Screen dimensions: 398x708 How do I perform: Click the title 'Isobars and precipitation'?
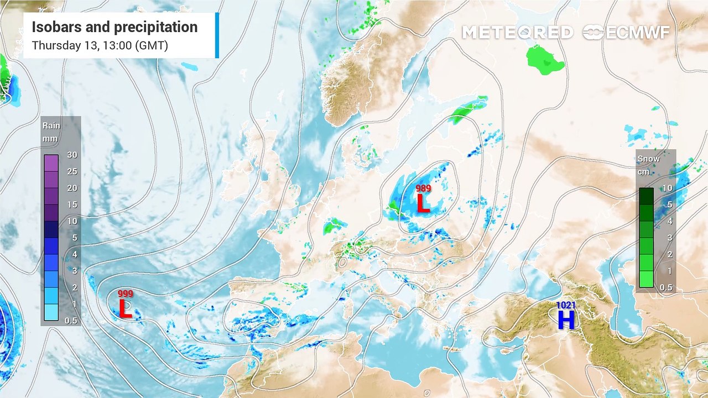click(114, 27)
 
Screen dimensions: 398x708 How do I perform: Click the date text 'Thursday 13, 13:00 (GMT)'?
click(100, 45)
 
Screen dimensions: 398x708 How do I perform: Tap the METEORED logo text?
click(517, 33)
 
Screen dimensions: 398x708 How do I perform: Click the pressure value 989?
click(423, 189)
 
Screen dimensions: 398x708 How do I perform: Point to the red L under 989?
click(423, 203)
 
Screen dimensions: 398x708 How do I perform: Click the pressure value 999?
click(126, 294)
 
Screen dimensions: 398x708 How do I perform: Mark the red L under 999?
click(126, 309)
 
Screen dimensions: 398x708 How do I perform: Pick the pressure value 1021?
click(566, 305)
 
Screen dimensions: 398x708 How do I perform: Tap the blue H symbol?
click(566, 320)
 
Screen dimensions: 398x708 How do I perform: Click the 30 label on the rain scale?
click(72, 155)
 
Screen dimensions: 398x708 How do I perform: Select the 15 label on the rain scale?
click(72, 205)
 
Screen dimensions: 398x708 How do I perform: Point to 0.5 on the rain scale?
click(71, 321)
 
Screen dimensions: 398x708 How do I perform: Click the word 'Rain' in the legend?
click(51, 125)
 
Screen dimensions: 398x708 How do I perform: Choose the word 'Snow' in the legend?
click(648, 159)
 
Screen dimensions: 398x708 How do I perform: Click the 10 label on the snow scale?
click(667, 188)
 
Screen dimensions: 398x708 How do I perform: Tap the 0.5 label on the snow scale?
click(666, 287)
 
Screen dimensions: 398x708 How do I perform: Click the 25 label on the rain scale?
click(72, 171)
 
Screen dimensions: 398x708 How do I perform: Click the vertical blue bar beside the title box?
click(217, 35)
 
